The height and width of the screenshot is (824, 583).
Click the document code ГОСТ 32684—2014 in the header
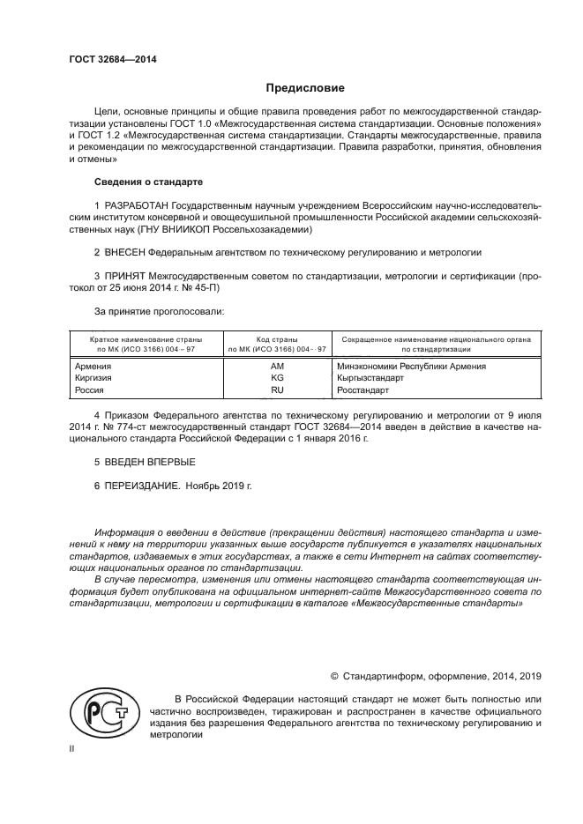108,59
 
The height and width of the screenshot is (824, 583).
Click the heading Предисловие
305,89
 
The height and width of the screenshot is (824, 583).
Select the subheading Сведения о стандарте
148,182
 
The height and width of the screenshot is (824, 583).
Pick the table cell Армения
93,366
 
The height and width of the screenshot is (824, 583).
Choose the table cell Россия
90,389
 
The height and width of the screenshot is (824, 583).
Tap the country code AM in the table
277,366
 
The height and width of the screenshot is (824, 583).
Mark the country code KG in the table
277,377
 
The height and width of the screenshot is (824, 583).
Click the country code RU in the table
277,389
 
